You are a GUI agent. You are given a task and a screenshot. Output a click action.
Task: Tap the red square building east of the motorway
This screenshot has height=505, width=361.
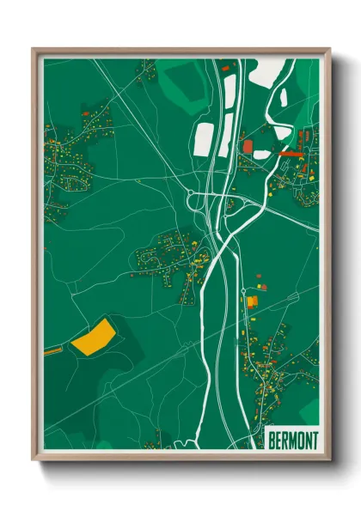(x=249, y=147)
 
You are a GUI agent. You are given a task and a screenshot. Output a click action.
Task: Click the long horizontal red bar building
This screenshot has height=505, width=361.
(x=293, y=153)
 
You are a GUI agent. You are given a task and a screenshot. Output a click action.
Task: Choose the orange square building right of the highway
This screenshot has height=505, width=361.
(x=253, y=301)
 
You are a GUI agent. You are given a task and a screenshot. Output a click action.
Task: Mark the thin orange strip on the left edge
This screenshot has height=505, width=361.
(x=52, y=350)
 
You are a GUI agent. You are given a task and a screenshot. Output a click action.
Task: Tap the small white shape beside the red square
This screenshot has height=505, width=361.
(x=261, y=155)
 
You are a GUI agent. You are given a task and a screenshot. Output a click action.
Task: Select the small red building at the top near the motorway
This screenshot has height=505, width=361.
(x=226, y=65)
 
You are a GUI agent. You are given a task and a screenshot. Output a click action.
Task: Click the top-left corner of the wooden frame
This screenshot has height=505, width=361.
(x=34, y=50)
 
